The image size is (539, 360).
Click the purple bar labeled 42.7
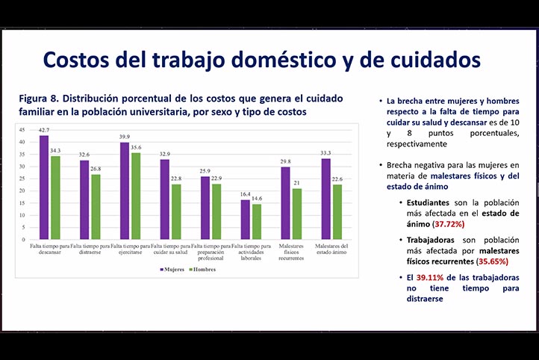pyautogui.click(x=44, y=187)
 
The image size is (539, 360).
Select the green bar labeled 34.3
pyautogui.click(x=54, y=198)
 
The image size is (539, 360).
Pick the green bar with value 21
pyautogui.click(x=297, y=214)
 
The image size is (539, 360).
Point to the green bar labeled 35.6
pyautogui.click(x=136, y=196)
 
